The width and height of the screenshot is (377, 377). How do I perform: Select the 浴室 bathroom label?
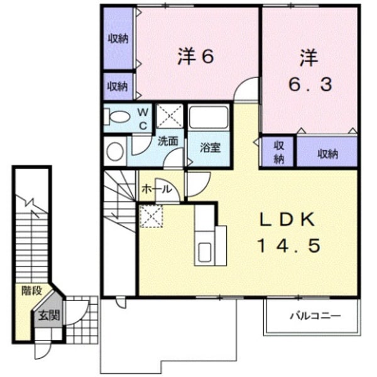click(x=209, y=149)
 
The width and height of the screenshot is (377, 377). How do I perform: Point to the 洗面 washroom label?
click(x=167, y=141)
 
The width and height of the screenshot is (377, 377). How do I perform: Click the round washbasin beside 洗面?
click(x=115, y=151)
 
